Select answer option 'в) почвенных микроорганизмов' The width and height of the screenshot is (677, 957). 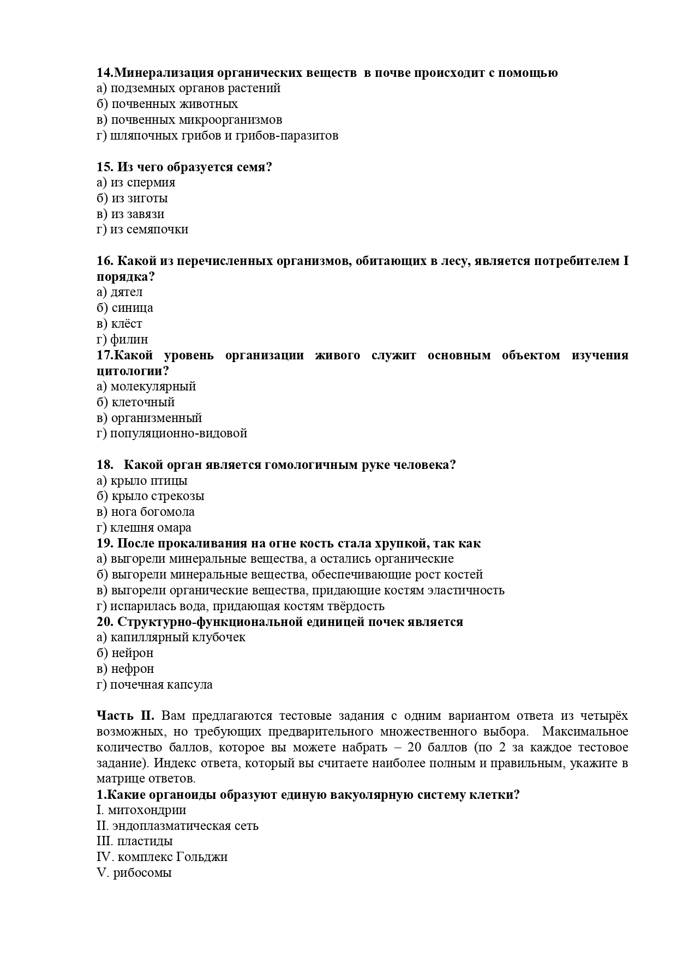pyautogui.click(x=189, y=120)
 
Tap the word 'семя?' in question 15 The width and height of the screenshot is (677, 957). pyautogui.click(x=254, y=167)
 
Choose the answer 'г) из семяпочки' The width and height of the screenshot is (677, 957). pyautogui.click(x=142, y=230)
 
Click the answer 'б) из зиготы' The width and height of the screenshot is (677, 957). pyautogui.click(x=132, y=198)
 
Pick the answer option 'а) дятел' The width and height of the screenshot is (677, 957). pyautogui.click(x=119, y=292)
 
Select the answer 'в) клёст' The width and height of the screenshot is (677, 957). pyautogui.click(x=119, y=324)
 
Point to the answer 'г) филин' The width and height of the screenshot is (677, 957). pyautogui.click(x=122, y=340)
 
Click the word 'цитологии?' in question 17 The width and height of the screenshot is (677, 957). pyautogui.click(x=133, y=371)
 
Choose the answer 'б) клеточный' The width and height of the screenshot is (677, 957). pyautogui.click(x=136, y=402)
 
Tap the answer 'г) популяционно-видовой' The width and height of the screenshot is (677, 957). pyautogui.click(x=172, y=434)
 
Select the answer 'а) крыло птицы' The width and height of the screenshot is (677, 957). pyautogui.click(x=142, y=481)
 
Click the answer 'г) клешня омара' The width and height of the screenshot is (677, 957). pyautogui.click(x=144, y=528)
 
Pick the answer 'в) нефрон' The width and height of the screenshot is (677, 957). pyautogui.click(x=125, y=669)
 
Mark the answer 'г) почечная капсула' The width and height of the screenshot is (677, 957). pyautogui.click(x=154, y=685)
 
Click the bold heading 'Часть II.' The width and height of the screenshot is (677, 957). pyautogui.click(x=125, y=716)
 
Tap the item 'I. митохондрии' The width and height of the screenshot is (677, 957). pyautogui.click(x=141, y=810)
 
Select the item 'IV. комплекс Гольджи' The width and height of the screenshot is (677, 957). pyautogui.click(x=162, y=857)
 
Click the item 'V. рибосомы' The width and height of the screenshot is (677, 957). pyautogui.click(x=134, y=873)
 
